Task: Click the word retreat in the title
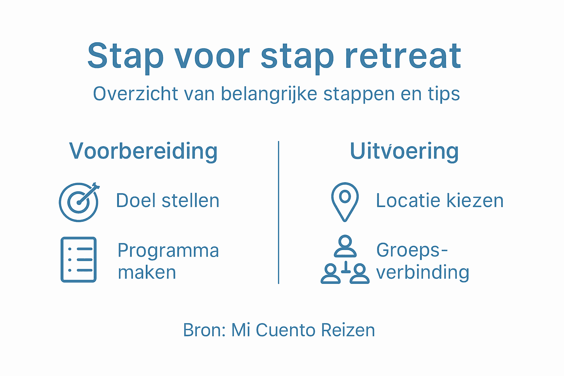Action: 403,56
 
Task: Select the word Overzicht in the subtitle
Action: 135,94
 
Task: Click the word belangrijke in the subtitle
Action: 269,94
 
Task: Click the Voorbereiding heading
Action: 143,151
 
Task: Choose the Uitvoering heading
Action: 404,151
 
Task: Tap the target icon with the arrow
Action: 79,202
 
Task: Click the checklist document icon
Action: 79,259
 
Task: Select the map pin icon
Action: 344,202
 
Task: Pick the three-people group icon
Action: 345,260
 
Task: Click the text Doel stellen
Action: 167,200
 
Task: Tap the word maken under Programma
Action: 147,272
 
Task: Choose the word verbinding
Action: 423,273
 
